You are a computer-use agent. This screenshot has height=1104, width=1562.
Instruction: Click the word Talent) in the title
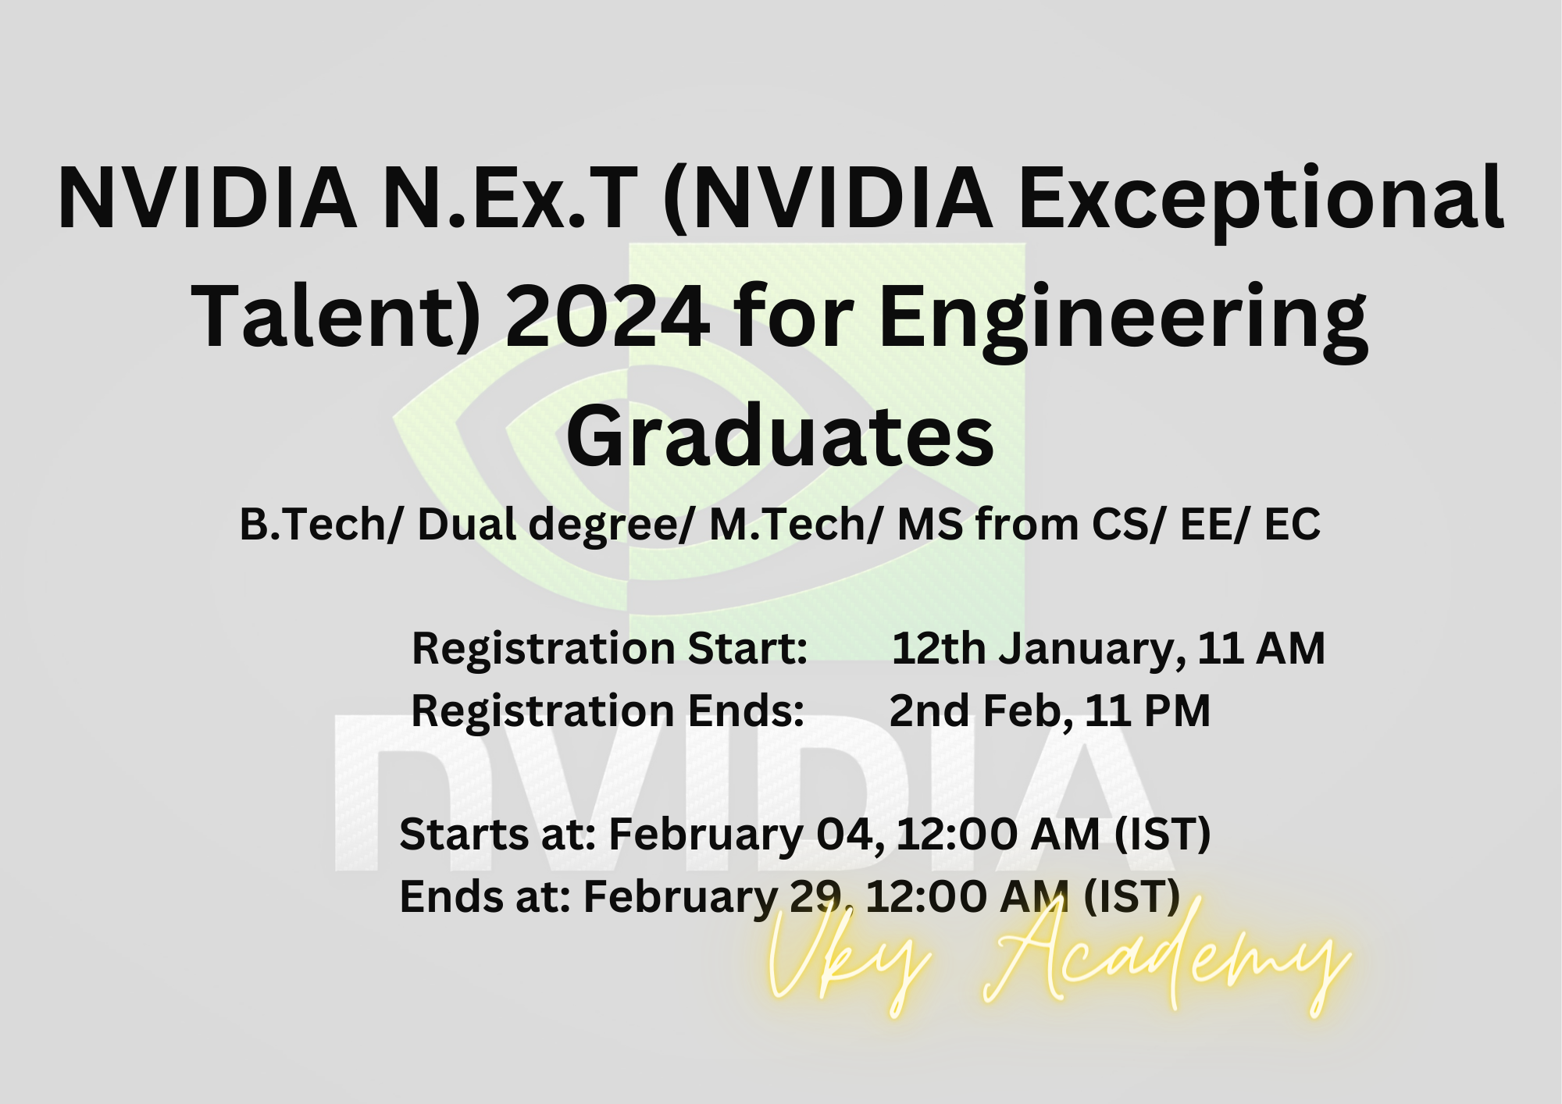coord(335,317)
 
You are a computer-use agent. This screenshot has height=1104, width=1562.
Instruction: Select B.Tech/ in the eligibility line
coord(319,525)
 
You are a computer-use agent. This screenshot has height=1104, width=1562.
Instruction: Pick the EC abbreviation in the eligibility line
coord(1292,525)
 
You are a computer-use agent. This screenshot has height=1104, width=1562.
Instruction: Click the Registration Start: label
coord(609,648)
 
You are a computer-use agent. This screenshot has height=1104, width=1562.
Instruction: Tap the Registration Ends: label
coord(608,710)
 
